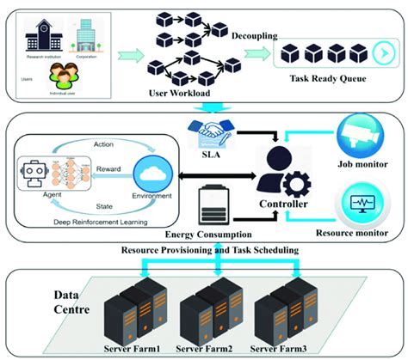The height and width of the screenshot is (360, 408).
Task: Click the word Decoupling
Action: coord(255,38)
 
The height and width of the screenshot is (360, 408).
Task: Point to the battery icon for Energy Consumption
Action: coord(212,206)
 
